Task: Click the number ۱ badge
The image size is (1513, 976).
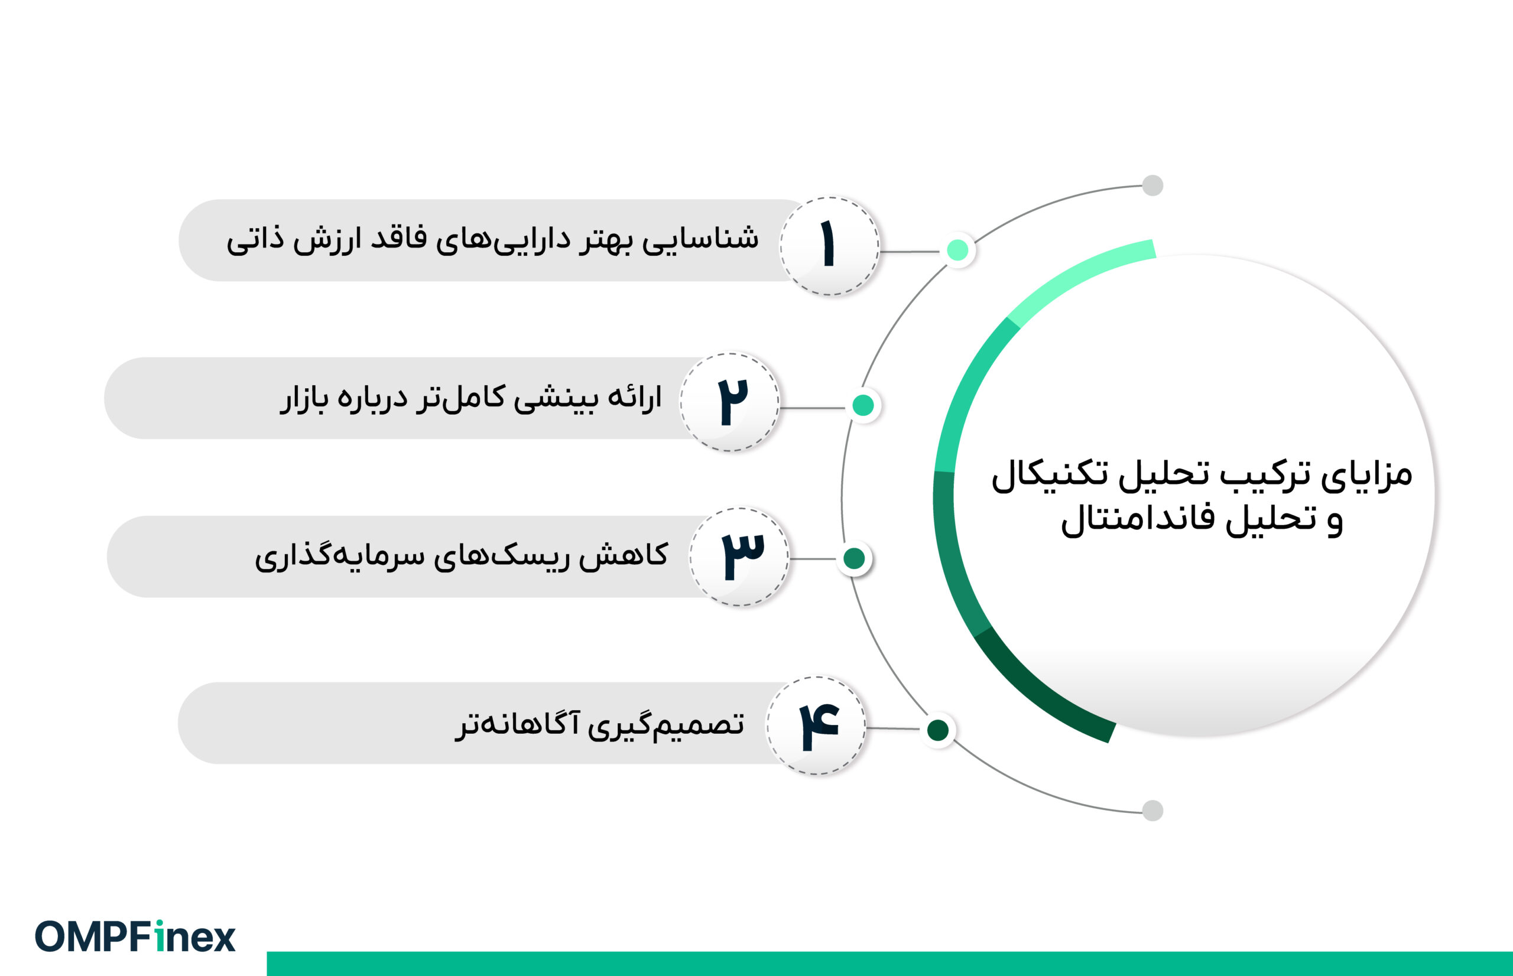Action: click(829, 246)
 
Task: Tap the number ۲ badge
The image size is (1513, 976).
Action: click(730, 402)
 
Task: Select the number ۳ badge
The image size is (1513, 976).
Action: click(739, 557)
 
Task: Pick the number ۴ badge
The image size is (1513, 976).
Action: click(816, 726)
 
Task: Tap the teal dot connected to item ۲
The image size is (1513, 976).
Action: click(863, 405)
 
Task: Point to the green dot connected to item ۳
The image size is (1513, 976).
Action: click(854, 558)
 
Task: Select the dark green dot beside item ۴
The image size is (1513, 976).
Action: click(937, 730)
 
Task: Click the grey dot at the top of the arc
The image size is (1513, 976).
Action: click(1152, 186)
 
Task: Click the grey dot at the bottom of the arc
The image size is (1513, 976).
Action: click(1152, 811)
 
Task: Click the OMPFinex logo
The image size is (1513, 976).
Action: click(135, 936)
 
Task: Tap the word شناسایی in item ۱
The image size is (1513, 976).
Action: click(700, 239)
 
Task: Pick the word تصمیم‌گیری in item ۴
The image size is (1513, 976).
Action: click(665, 724)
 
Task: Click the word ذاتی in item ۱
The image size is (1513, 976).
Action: click(254, 241)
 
